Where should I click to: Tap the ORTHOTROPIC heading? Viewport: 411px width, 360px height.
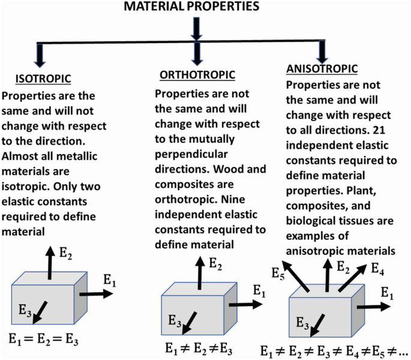tap(197, 75)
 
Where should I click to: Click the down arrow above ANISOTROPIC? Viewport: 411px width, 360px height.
tap(323, 53)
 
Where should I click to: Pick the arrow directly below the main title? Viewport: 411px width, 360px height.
tap(197, 28)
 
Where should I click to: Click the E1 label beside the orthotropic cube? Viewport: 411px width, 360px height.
tap(259, 292)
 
